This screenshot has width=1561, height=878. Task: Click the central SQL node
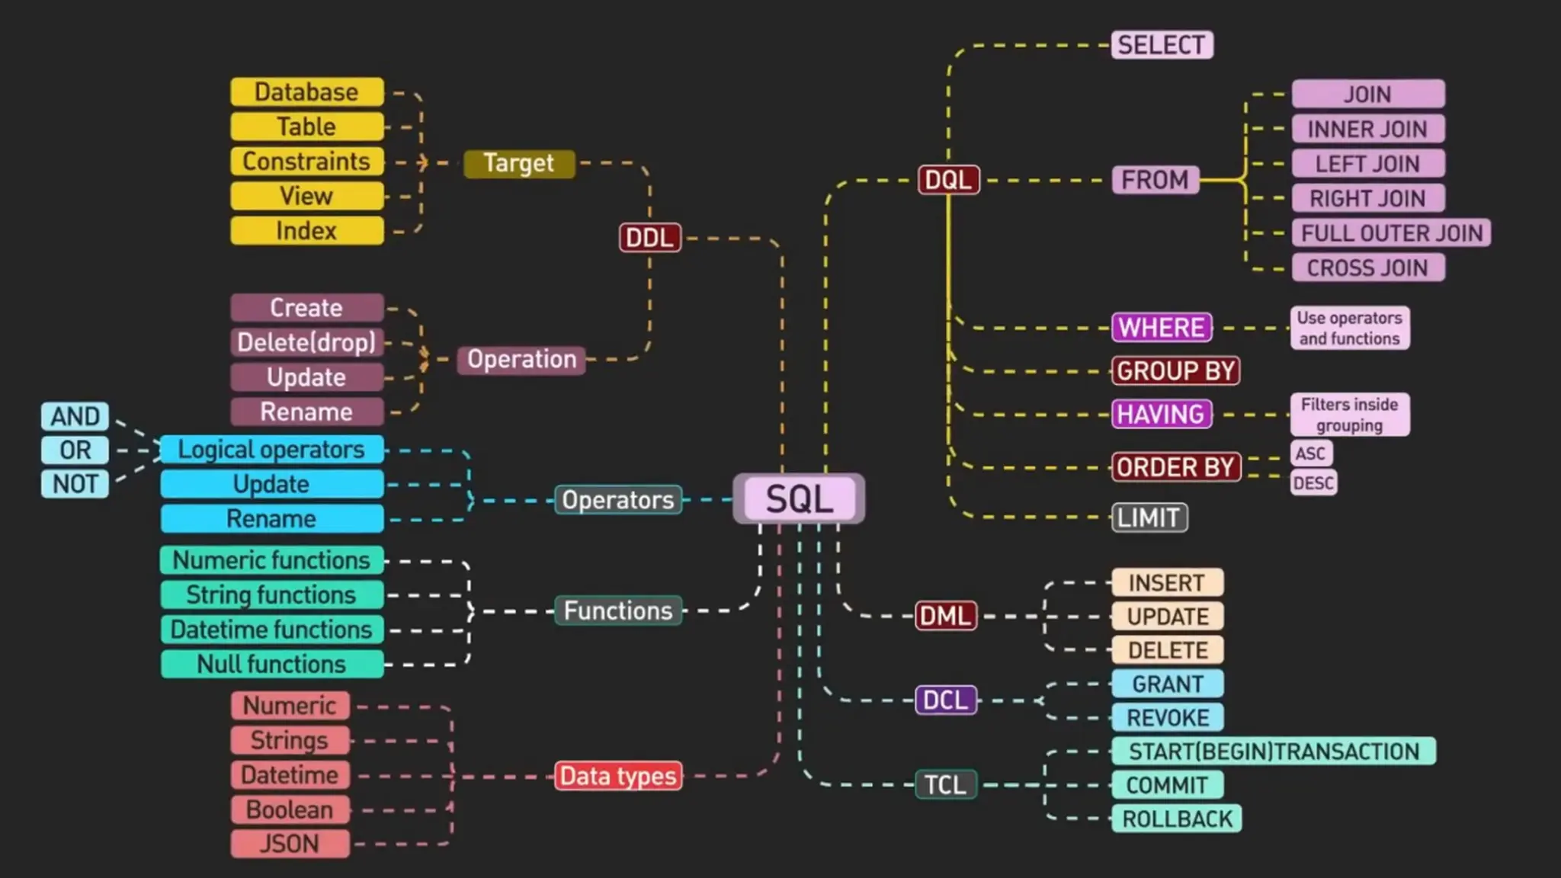coord(799,499)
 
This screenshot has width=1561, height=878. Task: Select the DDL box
coord(649,238)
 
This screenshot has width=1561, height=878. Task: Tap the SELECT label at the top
coord(1162,45)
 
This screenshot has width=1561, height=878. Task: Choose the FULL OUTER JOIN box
coord(1391,233)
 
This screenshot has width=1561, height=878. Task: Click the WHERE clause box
coord(1162,328)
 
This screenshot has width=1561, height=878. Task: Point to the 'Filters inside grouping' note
coord(1349,415)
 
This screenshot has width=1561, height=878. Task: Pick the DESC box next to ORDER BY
coord(1313,483)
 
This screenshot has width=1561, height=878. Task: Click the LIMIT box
coord(1149,518)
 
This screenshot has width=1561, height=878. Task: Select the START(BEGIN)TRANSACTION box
coord(1274,751)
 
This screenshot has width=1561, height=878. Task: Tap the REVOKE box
coord(1168,718)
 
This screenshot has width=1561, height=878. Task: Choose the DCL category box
coord(945,700)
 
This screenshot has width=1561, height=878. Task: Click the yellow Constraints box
coord(306,162)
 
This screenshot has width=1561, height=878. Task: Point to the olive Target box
coord(519,163)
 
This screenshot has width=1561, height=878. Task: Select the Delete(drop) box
coord(306,342)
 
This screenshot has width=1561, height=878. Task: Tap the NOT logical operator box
coord(75,484)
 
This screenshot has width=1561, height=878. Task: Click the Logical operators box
coord(271,450)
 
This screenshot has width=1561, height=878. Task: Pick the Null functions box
coord(271,665)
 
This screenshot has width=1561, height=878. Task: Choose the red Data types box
coord(618,776)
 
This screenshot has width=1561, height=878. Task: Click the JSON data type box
coord(290,844)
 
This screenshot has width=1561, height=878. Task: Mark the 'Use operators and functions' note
coord(1349,328)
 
